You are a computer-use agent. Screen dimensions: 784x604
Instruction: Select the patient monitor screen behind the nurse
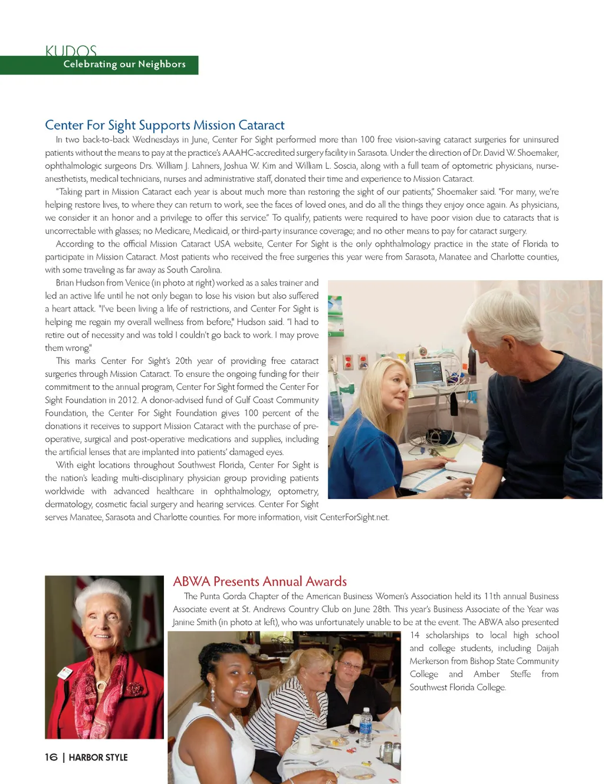(x=429, y=372)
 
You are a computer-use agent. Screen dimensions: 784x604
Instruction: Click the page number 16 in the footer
(x=51, y=757)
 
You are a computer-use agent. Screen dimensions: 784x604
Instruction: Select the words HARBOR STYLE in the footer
(x=98, y=757)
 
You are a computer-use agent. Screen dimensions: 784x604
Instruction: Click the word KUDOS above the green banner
(x=71, y=51)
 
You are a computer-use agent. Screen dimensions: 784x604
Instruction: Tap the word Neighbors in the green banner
(x=162, y=64)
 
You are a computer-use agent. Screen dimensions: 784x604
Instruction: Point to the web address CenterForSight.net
(x=354, y=517)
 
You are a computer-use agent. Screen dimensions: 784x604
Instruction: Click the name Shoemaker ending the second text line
(x=537, y=153)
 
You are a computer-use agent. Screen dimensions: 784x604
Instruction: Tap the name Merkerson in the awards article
(x=429, y=661)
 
